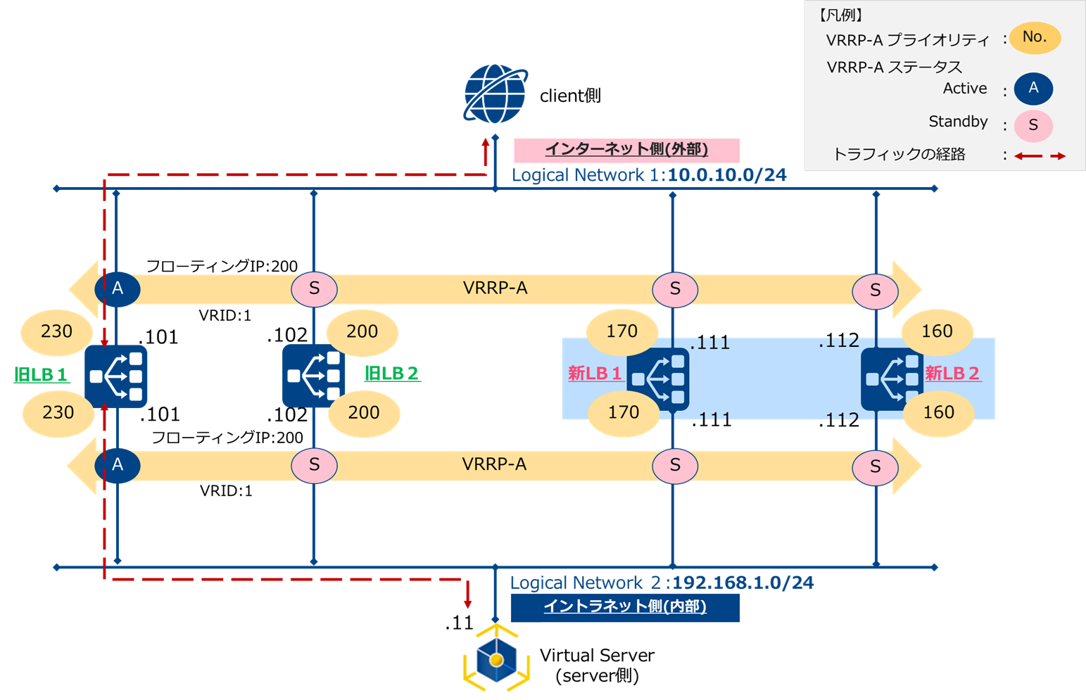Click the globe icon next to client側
(x=495, y=94)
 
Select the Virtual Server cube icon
(x=496, y=658)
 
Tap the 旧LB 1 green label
(x=42, y=374)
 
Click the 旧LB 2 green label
(x=392, y=374)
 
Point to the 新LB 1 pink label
(x=595, y=374)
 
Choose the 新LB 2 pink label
(x=952, y=373)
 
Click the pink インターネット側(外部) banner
(x=626, y=150)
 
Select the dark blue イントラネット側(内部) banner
(x=625, y=607)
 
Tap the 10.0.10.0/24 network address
(x=726, y=175)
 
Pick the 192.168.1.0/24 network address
(x=743, y=583)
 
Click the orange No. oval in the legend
(x=1034, y=37)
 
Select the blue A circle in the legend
(x=1033, y=89)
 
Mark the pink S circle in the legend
(x=1033, y=126)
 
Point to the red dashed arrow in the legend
(x=1040, y=156)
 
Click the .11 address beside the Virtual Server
(x=459, y=623)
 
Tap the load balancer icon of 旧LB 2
(x=313, y=376)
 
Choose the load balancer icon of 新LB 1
(x=659, y=378)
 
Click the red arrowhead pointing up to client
(x=486, y=144)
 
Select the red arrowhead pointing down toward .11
(x=468, y=603)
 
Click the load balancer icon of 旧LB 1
(x=116, y=376)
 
